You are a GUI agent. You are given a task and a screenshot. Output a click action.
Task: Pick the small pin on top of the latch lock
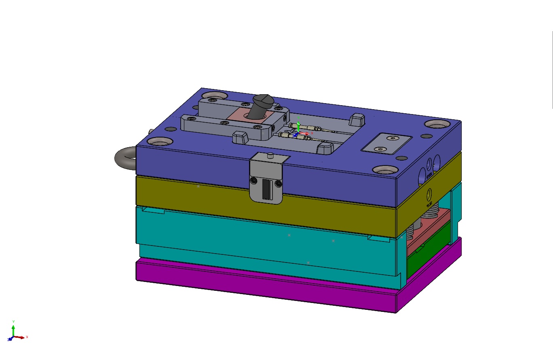[270, 155]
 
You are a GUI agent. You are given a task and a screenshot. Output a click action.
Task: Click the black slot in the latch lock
[266, 190]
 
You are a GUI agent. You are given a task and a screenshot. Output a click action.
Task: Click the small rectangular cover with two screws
[386, 144]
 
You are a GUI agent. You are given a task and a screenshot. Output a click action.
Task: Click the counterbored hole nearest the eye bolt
[160, 142]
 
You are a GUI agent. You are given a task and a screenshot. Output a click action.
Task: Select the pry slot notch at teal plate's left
[153, 211]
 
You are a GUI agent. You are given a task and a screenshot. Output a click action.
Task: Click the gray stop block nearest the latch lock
[240, 137]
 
